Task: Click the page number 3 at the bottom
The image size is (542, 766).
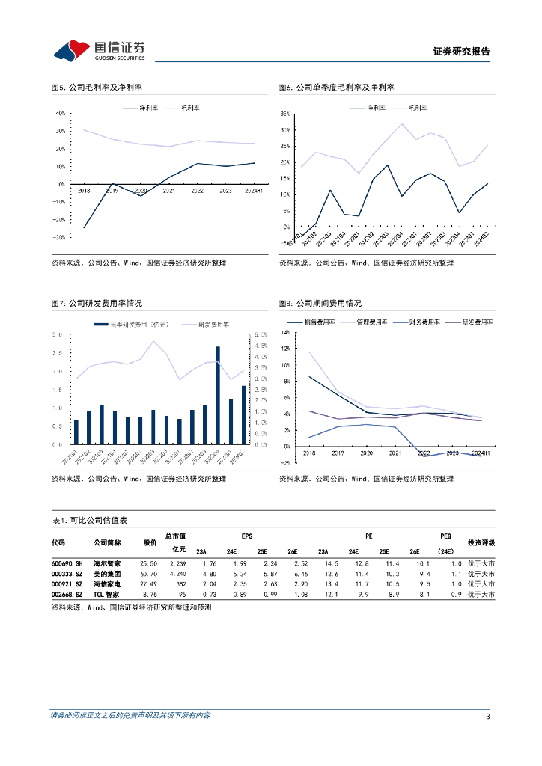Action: coord(487,717)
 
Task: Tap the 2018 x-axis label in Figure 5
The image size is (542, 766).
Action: coord(83,191)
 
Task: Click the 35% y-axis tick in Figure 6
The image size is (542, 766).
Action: coord(286,114)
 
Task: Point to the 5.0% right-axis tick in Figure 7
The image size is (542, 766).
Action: coord(261,334)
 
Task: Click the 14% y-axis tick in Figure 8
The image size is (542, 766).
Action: coord(285,332)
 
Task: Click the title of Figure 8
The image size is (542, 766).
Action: coord(320,304)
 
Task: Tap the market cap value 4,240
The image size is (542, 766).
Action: coord(177,573)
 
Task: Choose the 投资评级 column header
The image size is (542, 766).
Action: coord(481,543)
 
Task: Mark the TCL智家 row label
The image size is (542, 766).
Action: coord(106,594)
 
